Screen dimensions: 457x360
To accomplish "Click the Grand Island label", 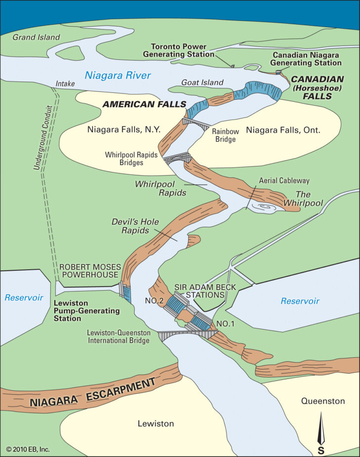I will click(36, 37).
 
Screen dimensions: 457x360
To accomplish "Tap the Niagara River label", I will click(117, 76).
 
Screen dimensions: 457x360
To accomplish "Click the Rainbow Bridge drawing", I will click(197, 123).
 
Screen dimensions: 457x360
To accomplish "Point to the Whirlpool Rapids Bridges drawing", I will click(177, 159).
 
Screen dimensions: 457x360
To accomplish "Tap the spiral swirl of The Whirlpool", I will click(266, 208).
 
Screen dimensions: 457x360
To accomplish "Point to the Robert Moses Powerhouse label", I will click(89, 271).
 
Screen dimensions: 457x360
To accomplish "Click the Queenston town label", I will click(323, 401).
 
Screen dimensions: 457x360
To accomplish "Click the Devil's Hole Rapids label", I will click(135, 226).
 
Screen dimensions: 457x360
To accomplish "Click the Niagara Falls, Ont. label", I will click(283, 130).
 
